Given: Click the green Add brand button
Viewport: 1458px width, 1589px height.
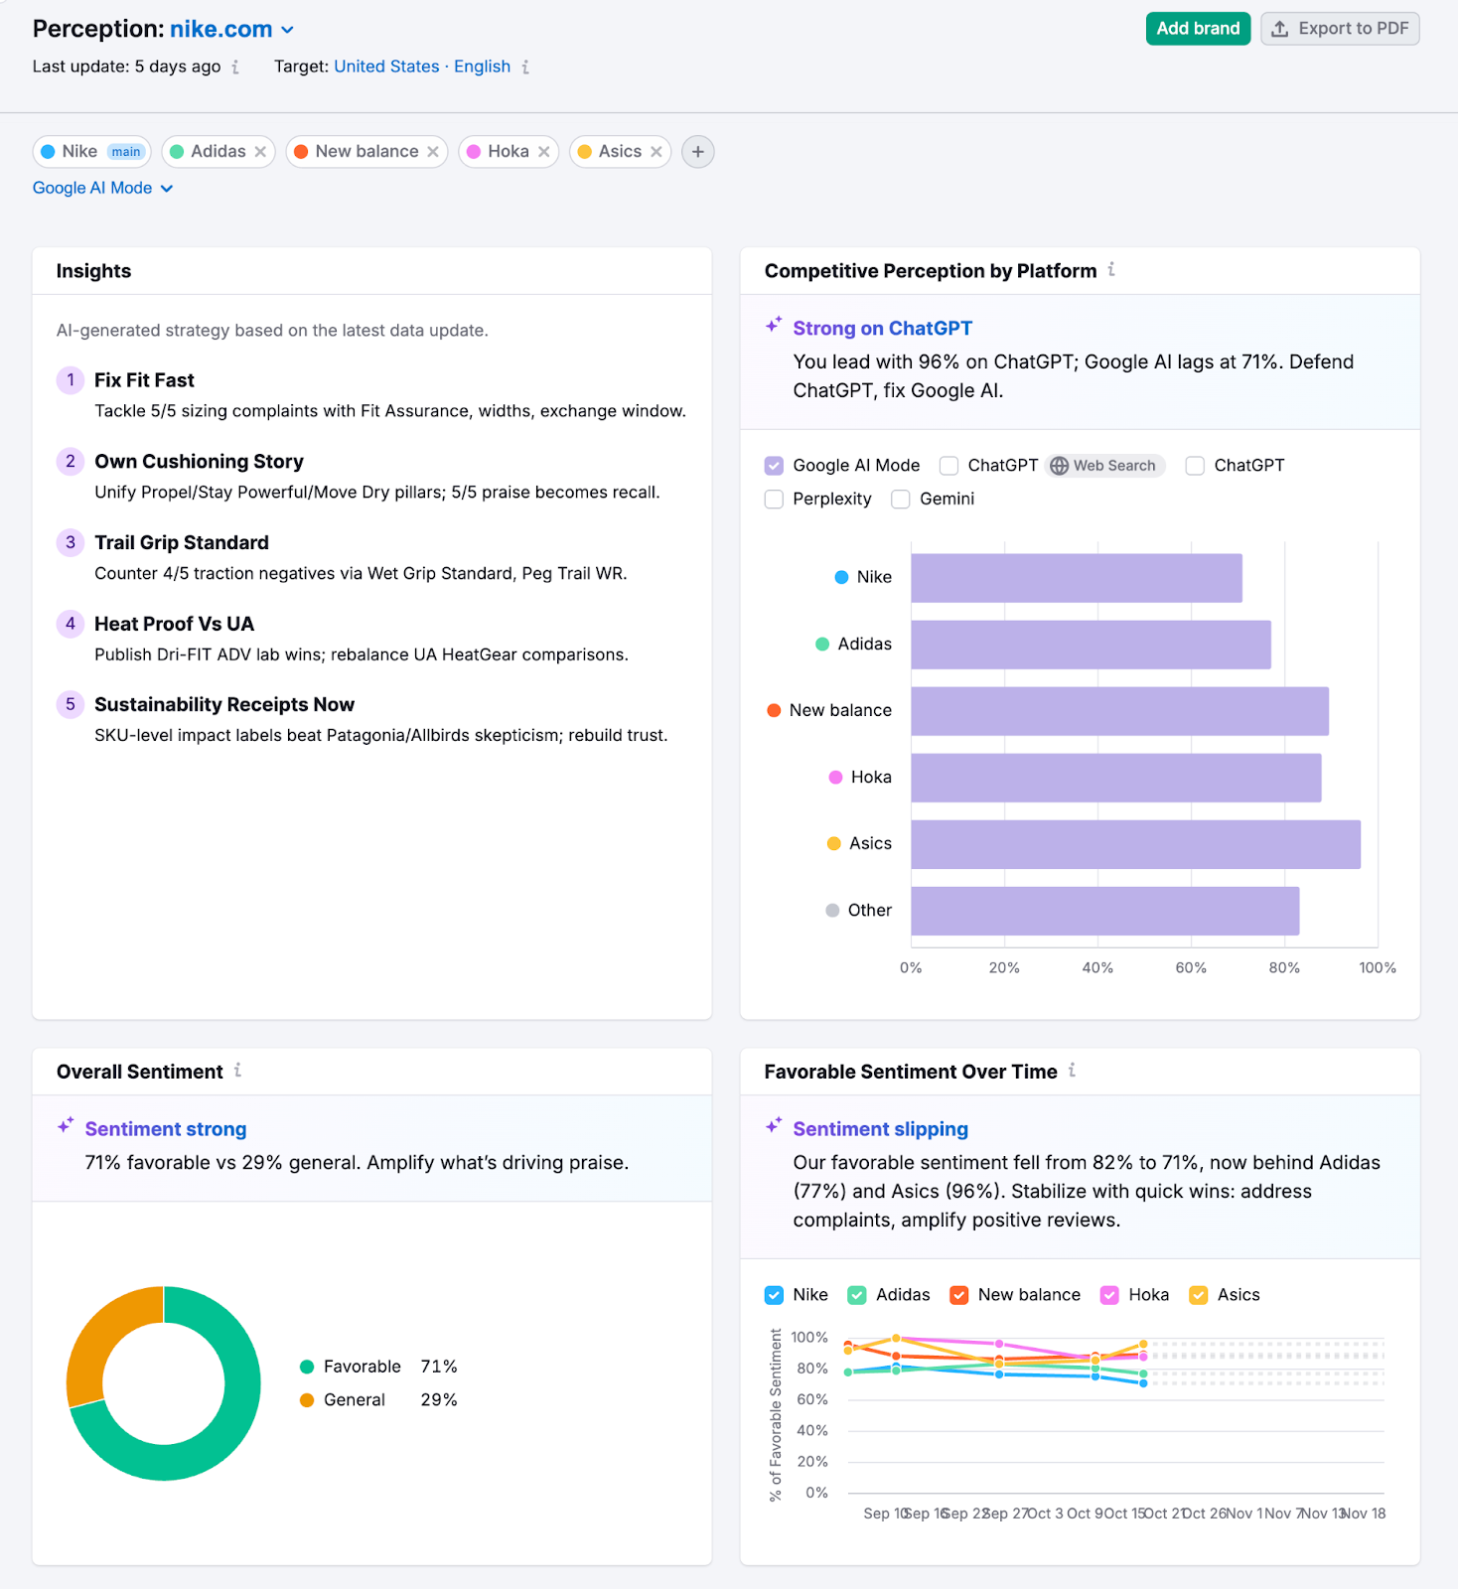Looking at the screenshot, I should click(1197, 29).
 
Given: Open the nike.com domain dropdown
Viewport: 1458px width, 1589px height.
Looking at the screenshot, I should click(287, 30).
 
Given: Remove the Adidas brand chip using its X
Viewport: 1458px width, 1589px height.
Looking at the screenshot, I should click(260, 152).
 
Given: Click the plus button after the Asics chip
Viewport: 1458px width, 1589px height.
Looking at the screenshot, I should click(697, 152).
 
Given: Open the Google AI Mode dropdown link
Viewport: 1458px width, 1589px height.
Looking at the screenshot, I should click(102, 189).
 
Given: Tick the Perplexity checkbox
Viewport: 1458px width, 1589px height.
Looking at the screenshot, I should click(774, 500).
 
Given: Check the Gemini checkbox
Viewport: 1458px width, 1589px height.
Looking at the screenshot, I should click(901, 500).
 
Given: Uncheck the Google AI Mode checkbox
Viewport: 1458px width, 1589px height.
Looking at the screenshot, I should click(774, 466).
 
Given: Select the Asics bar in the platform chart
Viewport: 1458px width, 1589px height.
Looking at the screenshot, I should click(1134, 844).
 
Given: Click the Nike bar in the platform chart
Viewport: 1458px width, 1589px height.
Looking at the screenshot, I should click(1076, 578).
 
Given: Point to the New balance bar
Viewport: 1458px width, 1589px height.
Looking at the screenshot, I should click(1118, 711).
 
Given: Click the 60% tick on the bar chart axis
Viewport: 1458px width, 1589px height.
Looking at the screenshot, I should click(1190, 968).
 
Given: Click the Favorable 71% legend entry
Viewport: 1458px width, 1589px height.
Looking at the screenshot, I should click(377, 1368).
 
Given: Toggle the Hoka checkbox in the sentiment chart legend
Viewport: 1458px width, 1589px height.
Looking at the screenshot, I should click(1109, 1295).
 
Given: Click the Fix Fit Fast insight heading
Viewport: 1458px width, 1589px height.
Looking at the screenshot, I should click(144, 380).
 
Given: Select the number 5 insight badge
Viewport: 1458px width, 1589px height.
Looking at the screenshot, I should click(70, 705).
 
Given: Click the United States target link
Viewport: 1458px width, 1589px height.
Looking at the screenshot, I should click(386, 67).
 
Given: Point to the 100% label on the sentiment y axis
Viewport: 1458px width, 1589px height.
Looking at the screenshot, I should click(808, 1338).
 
